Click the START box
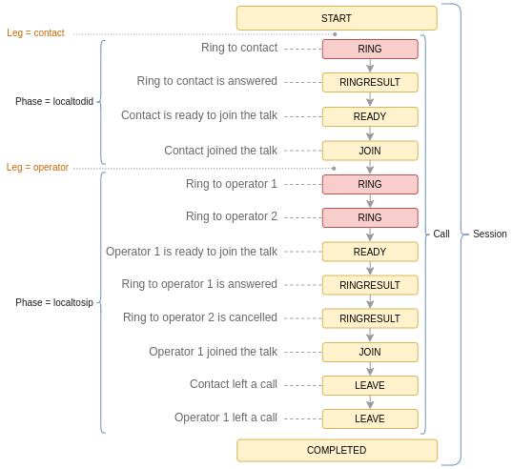[337, 18]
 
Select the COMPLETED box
[337, 450]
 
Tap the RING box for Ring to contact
[370, 49]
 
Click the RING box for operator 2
[370, 217]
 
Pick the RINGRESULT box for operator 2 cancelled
[370, 318]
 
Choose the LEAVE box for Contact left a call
[370, 385]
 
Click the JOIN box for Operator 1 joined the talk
[370, 352]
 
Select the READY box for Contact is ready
[370, 116]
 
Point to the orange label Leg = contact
[35, 33]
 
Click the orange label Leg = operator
[37, 168]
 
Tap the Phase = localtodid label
[54, 101]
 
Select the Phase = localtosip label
[54, 302]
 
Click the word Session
[490, 234]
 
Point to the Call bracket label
[441, 234]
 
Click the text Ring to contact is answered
[207, 81]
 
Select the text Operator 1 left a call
[226, 418]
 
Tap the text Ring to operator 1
[232, 184]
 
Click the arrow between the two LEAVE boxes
[370, 402]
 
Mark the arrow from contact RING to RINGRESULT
[370, 66]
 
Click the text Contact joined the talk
[221, 151]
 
